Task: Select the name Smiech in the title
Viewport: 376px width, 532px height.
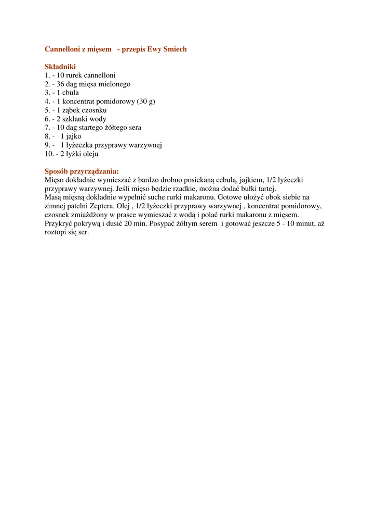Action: click(174, 49)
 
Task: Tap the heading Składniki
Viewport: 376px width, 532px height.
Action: click(60, 66)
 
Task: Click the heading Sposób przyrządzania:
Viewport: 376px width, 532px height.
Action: click(82, 171)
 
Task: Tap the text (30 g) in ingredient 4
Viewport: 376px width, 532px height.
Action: click(146, 102)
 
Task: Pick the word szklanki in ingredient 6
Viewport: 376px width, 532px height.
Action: click(75, 119)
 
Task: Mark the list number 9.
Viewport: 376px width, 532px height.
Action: click(47, 145)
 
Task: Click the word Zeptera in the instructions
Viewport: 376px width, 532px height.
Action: click(101, 206)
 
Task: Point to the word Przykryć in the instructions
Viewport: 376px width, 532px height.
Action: click(59, 223)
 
